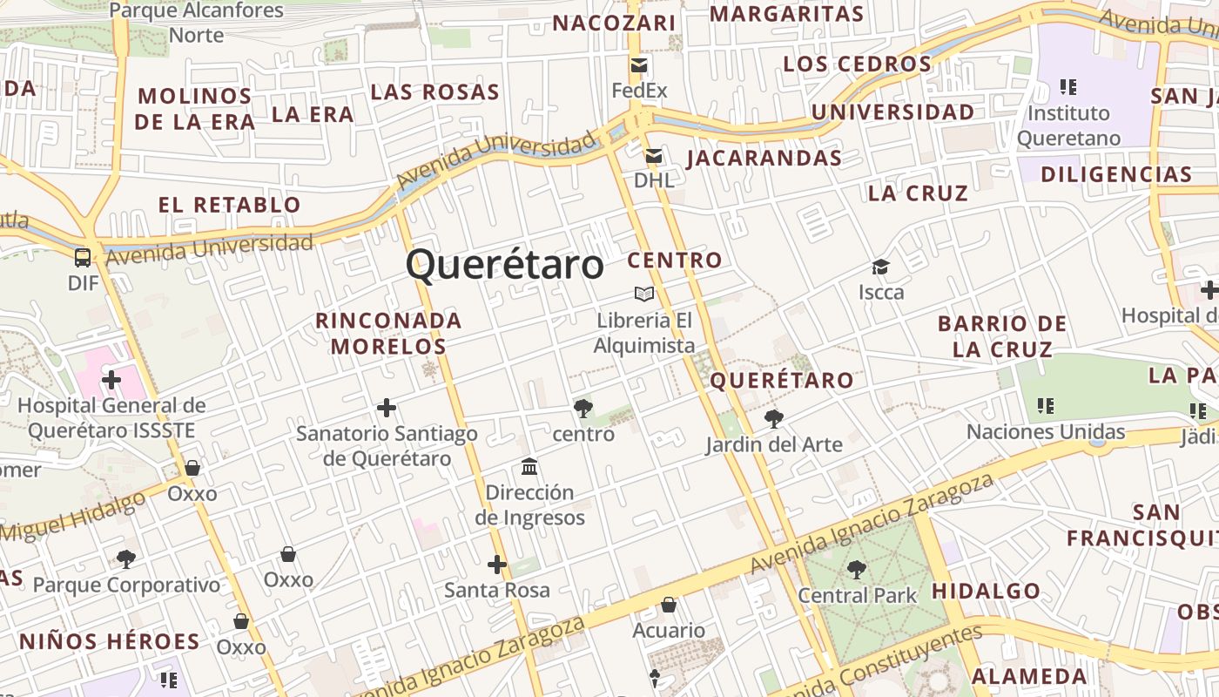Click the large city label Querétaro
point(504,264)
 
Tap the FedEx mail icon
point(640,65)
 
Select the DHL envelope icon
point(653,156)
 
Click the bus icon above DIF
point(83,257)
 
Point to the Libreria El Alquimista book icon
point(644,294)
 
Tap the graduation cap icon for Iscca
point(881,267)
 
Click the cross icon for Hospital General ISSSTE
point(111,379)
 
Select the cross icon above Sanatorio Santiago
point(387,407)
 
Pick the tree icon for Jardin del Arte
point(773,419)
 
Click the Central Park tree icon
point(857,570)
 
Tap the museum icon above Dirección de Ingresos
point(529,467)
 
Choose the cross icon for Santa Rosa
point(497,565)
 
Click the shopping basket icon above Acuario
point(669,605)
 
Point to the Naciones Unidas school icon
point(1046,406)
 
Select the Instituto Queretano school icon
point(1068,87)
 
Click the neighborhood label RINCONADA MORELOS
point(388,333)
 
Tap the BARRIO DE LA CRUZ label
point(1002,336)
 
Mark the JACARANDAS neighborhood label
point(764,159)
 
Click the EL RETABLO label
point(229,206)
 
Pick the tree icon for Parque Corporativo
point(126,558)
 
